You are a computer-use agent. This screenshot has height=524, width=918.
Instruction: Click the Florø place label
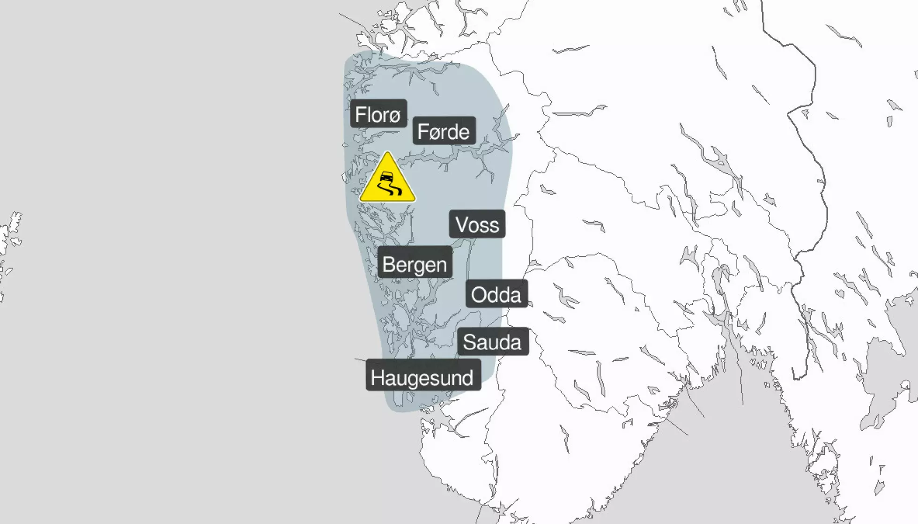tap(378, 114)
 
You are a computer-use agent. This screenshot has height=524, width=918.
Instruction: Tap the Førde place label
tap(444, 131)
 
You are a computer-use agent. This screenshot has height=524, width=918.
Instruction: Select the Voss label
tap(477, 225)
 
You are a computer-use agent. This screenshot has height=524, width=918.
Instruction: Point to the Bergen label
tap(415, 264)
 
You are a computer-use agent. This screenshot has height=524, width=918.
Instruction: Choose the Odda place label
tap(496, 294)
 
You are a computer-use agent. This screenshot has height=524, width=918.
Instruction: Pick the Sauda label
tap(492, 342)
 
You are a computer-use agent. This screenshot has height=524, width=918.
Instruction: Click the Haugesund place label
tap(422, 377)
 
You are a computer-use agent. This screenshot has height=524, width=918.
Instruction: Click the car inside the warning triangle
tap(386, 178)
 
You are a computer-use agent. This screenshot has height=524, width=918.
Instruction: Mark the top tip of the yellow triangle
tap(387, 153)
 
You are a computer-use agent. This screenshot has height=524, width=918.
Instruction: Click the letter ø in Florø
tap(394, 116)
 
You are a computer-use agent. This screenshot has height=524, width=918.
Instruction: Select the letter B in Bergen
tap(388, 264)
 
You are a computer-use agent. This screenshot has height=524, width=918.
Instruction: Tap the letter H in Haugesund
tap(377, 377)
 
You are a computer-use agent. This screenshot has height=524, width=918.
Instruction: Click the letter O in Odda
tap(479, 295)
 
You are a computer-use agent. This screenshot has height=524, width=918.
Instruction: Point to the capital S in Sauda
tap(469, 342)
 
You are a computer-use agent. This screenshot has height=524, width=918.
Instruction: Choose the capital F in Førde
tap(422, 131)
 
